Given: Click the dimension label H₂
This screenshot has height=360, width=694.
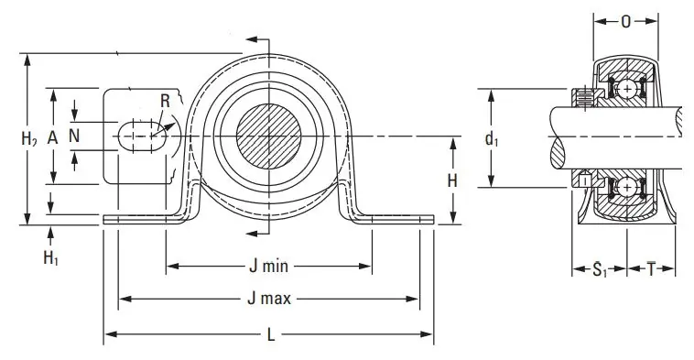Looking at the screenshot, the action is [x=29, y=138].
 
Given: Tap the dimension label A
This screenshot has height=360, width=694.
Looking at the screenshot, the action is [x=53, y=138].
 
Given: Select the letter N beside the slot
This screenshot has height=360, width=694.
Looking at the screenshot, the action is [x=74, y=136].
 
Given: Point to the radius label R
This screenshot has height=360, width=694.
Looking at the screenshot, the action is [x=165, y=101].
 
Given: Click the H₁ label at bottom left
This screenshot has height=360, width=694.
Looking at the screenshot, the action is [x=51, y=257].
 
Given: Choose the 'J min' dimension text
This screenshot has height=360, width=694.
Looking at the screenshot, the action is [x=268, y=267].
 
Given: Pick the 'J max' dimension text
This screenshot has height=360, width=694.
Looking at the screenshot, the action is [x=269, y=299].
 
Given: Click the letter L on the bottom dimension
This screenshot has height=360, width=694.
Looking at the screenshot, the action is [x=271, y=334].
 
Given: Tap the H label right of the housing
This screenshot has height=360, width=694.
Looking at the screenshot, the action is [x=452, y=180].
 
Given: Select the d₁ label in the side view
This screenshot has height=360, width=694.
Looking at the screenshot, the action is [x=492, y=139].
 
